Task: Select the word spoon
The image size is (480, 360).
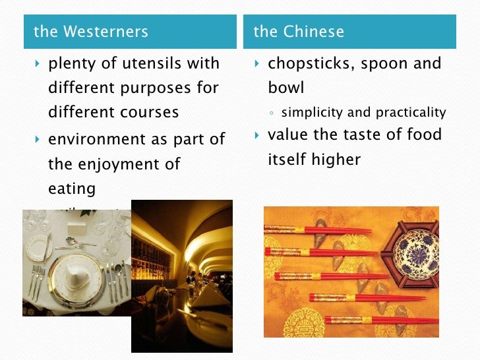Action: pos(394,65)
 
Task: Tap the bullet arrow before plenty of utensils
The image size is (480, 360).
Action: pos(37,65)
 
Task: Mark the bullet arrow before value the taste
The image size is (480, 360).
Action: pos(257,136)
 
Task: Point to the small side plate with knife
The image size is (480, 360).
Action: pos(39,247)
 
